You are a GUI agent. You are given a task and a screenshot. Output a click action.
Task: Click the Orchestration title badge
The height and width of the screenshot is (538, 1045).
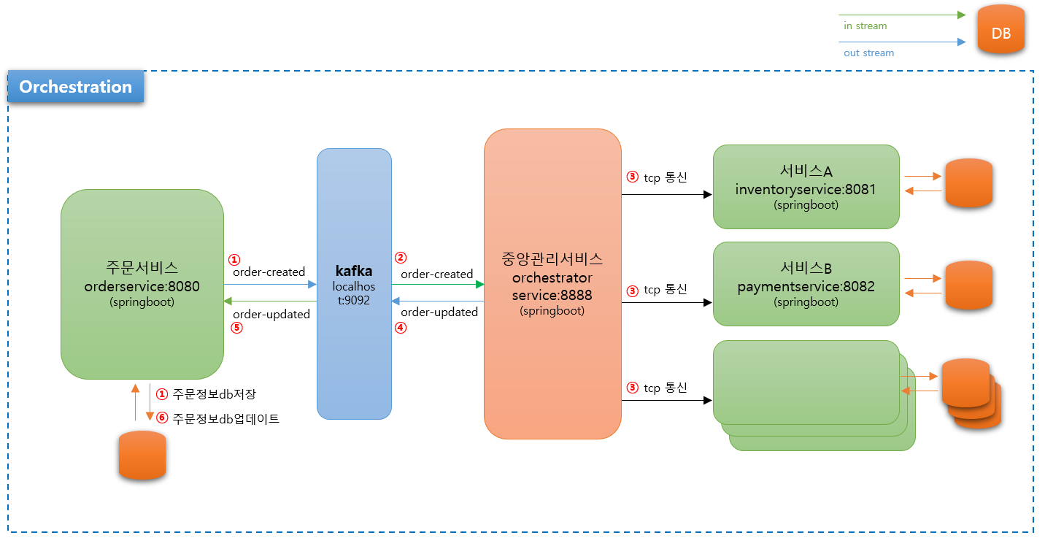(x=76, y=87)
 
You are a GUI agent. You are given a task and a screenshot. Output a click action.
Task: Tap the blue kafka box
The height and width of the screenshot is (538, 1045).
(x=354, y=284)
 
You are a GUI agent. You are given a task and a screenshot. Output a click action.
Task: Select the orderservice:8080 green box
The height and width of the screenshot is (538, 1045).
(x=142, y=284)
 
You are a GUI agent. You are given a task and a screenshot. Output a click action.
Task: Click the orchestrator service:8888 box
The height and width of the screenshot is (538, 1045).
(x=552, y=284)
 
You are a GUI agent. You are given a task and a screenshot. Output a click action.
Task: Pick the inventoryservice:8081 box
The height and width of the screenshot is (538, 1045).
(x=806, y=187)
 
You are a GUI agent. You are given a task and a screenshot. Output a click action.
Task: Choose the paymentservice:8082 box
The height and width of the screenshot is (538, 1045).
(x=806, y=284)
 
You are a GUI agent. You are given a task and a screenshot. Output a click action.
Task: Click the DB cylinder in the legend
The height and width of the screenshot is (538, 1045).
(x=1000, y=29)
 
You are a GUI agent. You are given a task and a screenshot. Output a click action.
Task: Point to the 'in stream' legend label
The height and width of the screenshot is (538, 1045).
(x=865, y=26)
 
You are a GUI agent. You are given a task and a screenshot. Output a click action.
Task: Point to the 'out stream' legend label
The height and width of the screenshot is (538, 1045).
(x=868, y=53)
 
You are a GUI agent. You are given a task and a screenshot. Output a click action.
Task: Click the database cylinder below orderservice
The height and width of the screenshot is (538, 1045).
(x=142, y=455)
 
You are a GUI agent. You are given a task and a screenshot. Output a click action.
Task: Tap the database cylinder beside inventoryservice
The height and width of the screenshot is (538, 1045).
(x=968, y=182)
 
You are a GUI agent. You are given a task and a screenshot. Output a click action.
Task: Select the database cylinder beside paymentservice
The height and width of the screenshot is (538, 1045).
(x=968, y=285)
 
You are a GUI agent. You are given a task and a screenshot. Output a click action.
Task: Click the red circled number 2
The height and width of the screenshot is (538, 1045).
(x=400, y=258)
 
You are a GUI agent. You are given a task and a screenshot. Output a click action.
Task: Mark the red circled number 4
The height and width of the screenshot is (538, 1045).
(x=400, y=328)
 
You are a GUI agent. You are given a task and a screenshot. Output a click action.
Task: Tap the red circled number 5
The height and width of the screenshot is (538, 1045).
(x=236, y=328)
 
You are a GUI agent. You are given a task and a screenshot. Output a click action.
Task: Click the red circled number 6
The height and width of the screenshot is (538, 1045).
(x=162, y=419)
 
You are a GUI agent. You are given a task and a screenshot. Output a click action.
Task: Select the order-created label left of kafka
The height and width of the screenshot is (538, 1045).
(x=269, y=272)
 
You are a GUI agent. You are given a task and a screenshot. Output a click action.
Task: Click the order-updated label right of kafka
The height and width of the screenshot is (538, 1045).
(x=439, y=312)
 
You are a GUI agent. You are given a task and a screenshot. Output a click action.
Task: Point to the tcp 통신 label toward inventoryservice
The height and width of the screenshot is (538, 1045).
(x=665, y=177)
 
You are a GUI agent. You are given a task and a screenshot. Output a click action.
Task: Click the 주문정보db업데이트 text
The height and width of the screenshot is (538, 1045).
(x=225, y=419)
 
